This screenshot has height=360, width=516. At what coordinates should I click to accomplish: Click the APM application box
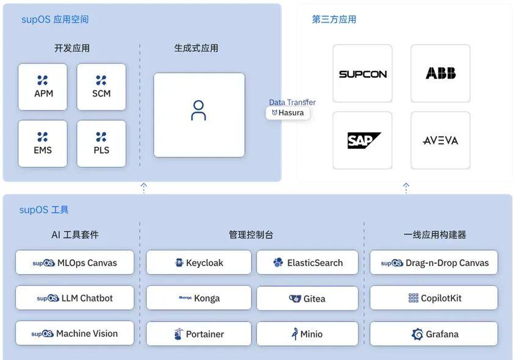tap(43, 87)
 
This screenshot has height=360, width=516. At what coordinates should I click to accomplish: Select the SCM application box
tap(101, 87)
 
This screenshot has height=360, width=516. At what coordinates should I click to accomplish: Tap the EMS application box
tap(43, 144)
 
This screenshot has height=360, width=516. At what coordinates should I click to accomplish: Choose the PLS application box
tap(101, 144)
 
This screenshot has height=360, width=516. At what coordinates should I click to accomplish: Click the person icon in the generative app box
tap(198, 110)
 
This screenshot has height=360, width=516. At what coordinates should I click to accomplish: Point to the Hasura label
tap(288, 113)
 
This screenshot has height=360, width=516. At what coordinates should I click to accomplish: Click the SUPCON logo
tap(363, 74)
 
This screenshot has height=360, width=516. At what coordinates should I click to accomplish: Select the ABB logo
tap(440, 73)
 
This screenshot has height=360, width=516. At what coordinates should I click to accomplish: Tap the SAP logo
tap(363, 140)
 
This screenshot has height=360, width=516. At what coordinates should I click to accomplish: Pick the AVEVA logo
tap(440, 140)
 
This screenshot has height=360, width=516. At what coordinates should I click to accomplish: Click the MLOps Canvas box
tap(74, 263)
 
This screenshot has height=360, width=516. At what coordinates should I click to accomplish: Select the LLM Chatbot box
tap(74, 298)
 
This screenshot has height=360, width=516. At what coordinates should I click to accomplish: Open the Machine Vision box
tap(74, 334)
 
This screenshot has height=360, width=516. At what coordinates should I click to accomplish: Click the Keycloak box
tap(198, 263)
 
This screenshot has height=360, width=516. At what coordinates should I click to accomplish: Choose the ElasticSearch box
tap(307, 263)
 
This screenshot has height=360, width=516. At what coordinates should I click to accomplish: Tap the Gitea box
tap(307, 298)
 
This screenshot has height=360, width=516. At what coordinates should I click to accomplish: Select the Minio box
tap(307, 334)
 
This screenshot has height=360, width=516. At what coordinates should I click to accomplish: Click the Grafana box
tap(434, 334)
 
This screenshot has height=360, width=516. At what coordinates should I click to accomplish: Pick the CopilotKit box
tap(434, 298)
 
